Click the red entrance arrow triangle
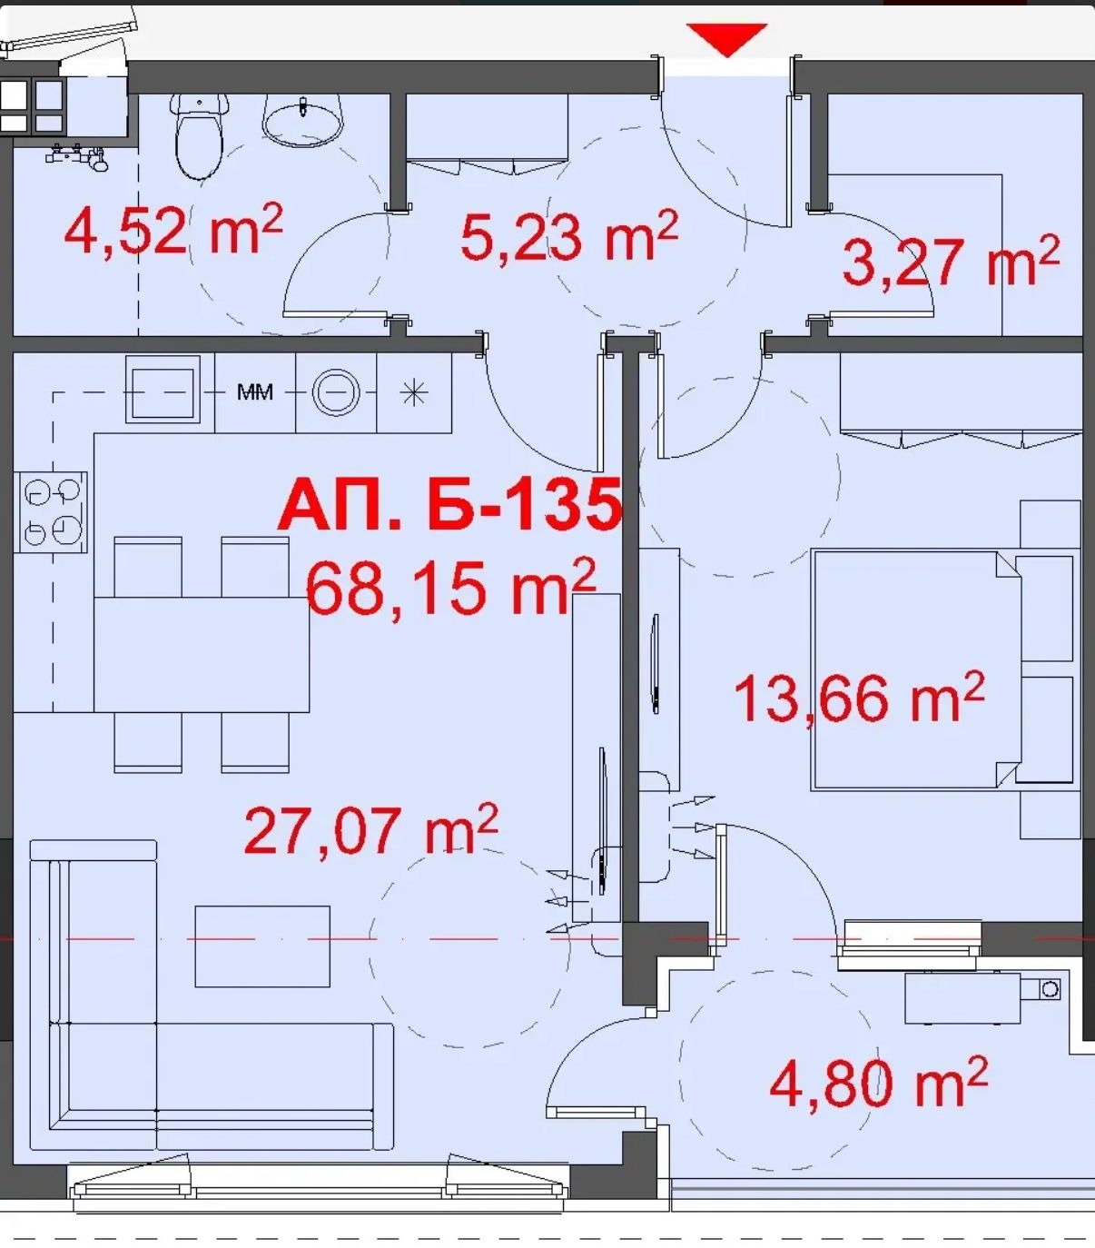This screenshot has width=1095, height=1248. pyautogui.click(x=726, y=39)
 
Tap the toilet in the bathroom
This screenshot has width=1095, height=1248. pyautogui.click(x=198, y=136)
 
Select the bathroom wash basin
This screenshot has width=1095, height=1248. pyautogui.click(x=302, y=121)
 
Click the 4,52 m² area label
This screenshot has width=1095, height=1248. pyautogui.click(x=173, y=230)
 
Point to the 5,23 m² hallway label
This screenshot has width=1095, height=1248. pyautogui.click(x=569, y=236)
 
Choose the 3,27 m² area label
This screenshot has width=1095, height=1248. pyautogui.click(x=951, y=262)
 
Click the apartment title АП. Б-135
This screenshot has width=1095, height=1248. pyautogui.click(x=449, y=505)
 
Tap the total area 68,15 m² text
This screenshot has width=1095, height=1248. pyautogui.click(x=451, y=588)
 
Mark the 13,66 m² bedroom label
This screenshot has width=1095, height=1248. pyautogui.click(x=859, y=698)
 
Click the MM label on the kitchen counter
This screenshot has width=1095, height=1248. pyautogui.click(x=255, y=392)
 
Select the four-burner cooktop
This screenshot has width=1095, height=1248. pyautogui.click(x=51, y=512)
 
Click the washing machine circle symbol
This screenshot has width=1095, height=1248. pyautogui.click(x=336, y=391)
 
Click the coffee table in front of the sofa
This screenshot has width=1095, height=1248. pyautogui.click(x=262, y=946)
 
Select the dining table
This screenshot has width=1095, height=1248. pyautogui.click(x=202, y=654)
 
